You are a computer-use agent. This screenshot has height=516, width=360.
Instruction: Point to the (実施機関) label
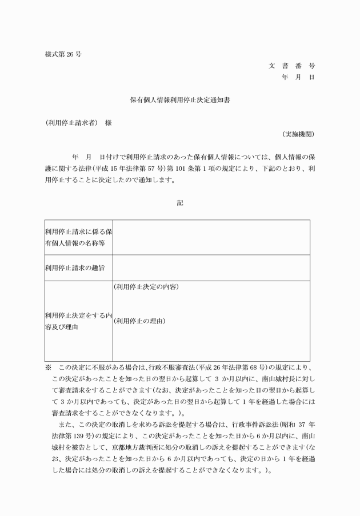pyautogui.click(x=298, y=134)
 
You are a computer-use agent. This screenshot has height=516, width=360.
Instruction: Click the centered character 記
pyautogui.click(x=180, y=202)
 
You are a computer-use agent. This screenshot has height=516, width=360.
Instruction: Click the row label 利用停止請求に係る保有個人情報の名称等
pyautogui.click(x=78, y=238)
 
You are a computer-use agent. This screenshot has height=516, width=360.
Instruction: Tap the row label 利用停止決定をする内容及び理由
pyautogui.click(x=78, y=321)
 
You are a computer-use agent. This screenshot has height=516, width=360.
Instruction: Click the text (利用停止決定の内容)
pyautogui.click(x=146, y=286)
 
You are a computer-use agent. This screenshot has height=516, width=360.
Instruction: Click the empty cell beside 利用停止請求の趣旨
pyautogui.click(x=211, y=267)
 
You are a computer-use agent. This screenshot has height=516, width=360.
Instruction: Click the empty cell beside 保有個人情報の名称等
pyautogui.click(x=211, y=238)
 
